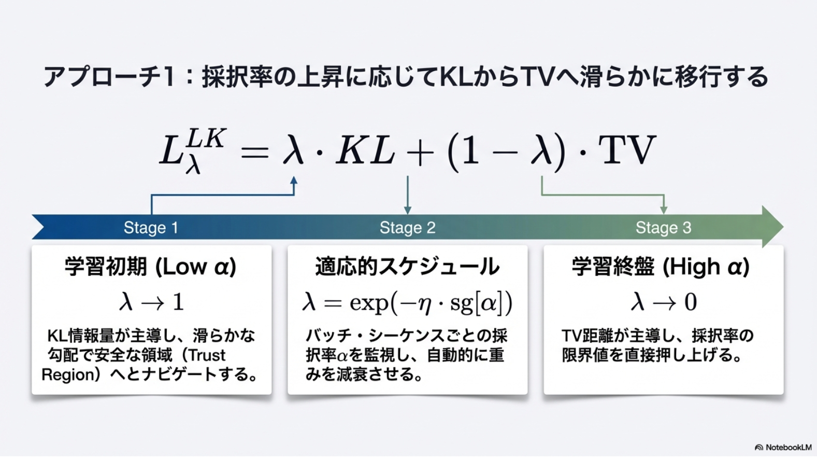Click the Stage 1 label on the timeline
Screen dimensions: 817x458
tap(151, 228)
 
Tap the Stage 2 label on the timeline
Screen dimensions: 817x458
tap(407, 228)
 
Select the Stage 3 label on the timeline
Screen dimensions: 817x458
tap(664, 228)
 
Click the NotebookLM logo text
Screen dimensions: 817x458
tap(789, 448)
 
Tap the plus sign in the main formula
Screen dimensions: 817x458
tap(421, 152)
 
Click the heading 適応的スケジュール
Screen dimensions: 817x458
tap(407, 267)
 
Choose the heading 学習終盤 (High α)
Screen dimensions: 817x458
tap(661, 267)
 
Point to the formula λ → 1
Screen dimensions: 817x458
tap(152, 302)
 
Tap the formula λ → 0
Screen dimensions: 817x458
tap(664, 302)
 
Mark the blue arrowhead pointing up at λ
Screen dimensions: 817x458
tap(294, 181)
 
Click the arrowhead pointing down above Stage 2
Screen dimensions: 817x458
tap(408, 210)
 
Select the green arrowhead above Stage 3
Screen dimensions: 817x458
tap(664, 210)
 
